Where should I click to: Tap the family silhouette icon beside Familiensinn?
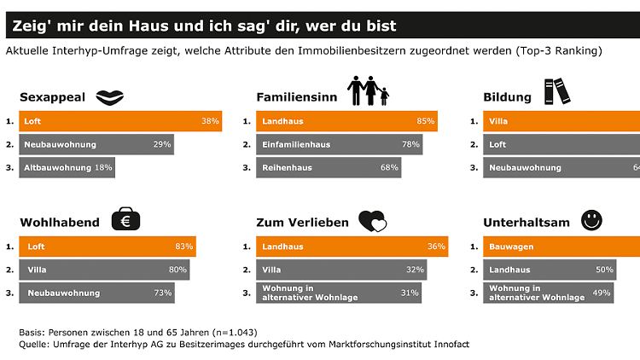[x=367, y=92]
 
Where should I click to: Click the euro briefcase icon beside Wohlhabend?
[x=125, y=221]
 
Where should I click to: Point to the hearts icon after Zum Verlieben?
[x=372, y=222]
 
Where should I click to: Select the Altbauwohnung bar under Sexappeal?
[x=67, y=167]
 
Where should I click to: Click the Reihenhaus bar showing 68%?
[x=329, y=167]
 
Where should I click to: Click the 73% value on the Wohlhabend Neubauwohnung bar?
[x=160, y=293]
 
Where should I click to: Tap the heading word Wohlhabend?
[x=59, y=223]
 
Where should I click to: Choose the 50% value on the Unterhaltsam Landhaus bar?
[x=602, y=270]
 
